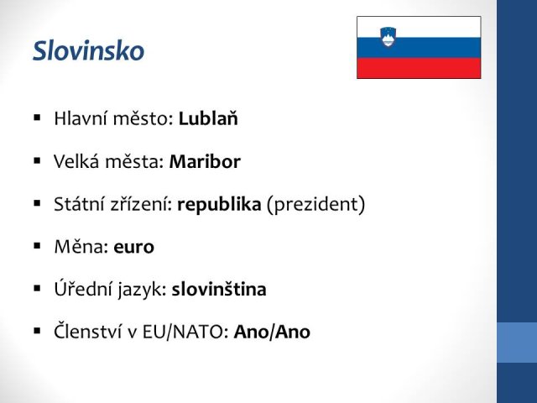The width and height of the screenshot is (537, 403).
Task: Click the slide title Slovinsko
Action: pyautogui.click(x=88, y=50)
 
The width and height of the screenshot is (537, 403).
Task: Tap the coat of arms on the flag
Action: pyautogui.click(x=388, y=37)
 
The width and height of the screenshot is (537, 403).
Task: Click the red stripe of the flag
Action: pyautogui.click(x=419, y=68)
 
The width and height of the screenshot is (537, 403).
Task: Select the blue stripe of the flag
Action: pyautogui.click(x=419, y=48)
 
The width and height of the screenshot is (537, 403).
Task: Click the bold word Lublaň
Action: pyautogui.click(x=208, y=118)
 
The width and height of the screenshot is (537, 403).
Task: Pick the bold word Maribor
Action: pyautogui.click(x=205, y=161)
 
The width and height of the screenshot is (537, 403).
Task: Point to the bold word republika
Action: pyautogui.click(x=219, y=205)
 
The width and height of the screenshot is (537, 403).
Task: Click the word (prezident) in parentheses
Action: pyautogui.click(x=315, y=205)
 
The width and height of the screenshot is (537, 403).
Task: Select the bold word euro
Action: pyautogui.click(x=133, y=248)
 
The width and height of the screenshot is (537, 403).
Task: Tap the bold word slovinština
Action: pyautogui.click(x=219, y=289)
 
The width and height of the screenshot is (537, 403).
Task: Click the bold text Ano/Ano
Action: pyautogui.click(x=272, y=332)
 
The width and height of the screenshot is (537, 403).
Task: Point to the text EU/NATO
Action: pyautogui.click(x=183, y=332)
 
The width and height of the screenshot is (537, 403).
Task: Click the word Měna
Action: pyautogui.click(x=79, y=246)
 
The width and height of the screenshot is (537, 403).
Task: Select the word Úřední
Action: pyautogui.click(x=81, y=289)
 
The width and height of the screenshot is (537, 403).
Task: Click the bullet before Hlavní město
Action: pyautogui.click(x=37, y=118)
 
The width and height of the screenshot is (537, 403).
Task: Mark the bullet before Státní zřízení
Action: pyautogui.click(x=37, y=203)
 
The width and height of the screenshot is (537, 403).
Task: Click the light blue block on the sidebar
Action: pyautogui.click(x=517, y=343)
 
